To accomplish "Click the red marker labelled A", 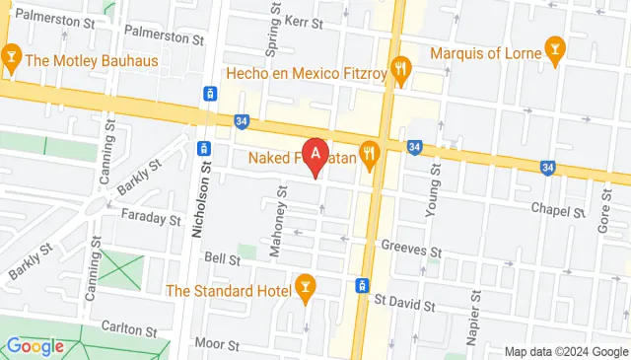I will click(x=315, y=155).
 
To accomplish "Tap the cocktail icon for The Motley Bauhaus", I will click(x=12, y=59).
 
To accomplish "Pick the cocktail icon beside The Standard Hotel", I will click(x=305, y=288).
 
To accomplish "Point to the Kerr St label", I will click(x=304, y=20).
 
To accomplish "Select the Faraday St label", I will click(x=152, y=216).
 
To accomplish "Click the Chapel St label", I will click(x=552, y=208).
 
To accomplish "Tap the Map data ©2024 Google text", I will click(x=565, y=351).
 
